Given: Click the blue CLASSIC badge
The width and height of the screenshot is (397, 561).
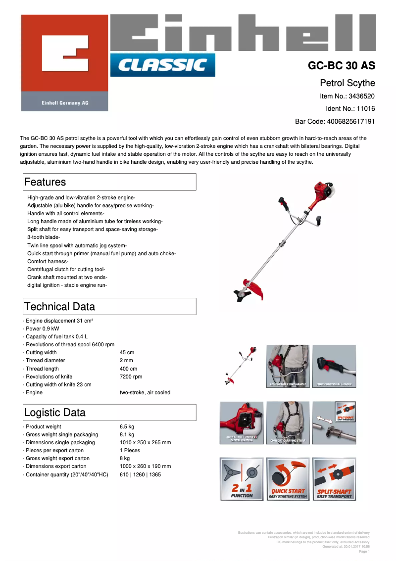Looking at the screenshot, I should pyautogui.click(x=162, y=65).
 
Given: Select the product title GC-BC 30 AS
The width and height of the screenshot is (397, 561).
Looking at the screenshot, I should pyautogui.click(x=342, y=66).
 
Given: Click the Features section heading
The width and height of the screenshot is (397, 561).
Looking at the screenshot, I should pyautogui.click(x=45, y=182).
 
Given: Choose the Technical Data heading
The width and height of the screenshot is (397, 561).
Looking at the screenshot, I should pyautogui.click(x=59, y=307).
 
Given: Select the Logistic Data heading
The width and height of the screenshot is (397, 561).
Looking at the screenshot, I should pyautogui.click(x=54, y=413).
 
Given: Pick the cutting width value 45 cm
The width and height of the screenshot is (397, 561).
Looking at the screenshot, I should pyautogui.click(x=127, y=353).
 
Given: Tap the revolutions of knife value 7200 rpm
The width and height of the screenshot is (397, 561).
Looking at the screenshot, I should pyautogui.click(x=131, y=376).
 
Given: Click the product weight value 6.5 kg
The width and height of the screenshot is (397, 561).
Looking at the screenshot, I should pyautogui.click(x=127, y=426).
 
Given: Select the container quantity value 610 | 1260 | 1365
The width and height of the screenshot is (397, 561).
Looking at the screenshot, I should pyautogui.click(x=140, y=474).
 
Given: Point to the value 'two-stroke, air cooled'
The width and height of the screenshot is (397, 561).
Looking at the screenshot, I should pyautogui.click(x=145, y=392).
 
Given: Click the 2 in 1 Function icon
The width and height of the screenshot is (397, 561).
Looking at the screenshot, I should pyautogui.click(x=242, y=479).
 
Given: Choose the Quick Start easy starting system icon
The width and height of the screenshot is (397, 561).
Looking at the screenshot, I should pyautogui.click(x=288, y=479).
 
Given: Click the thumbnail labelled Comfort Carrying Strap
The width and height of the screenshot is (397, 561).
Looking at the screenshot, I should pyautogui.click(x=288, y=423).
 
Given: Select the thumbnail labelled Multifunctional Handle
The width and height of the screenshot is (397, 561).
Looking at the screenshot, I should pyautogui.click(x=334, y=367).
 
